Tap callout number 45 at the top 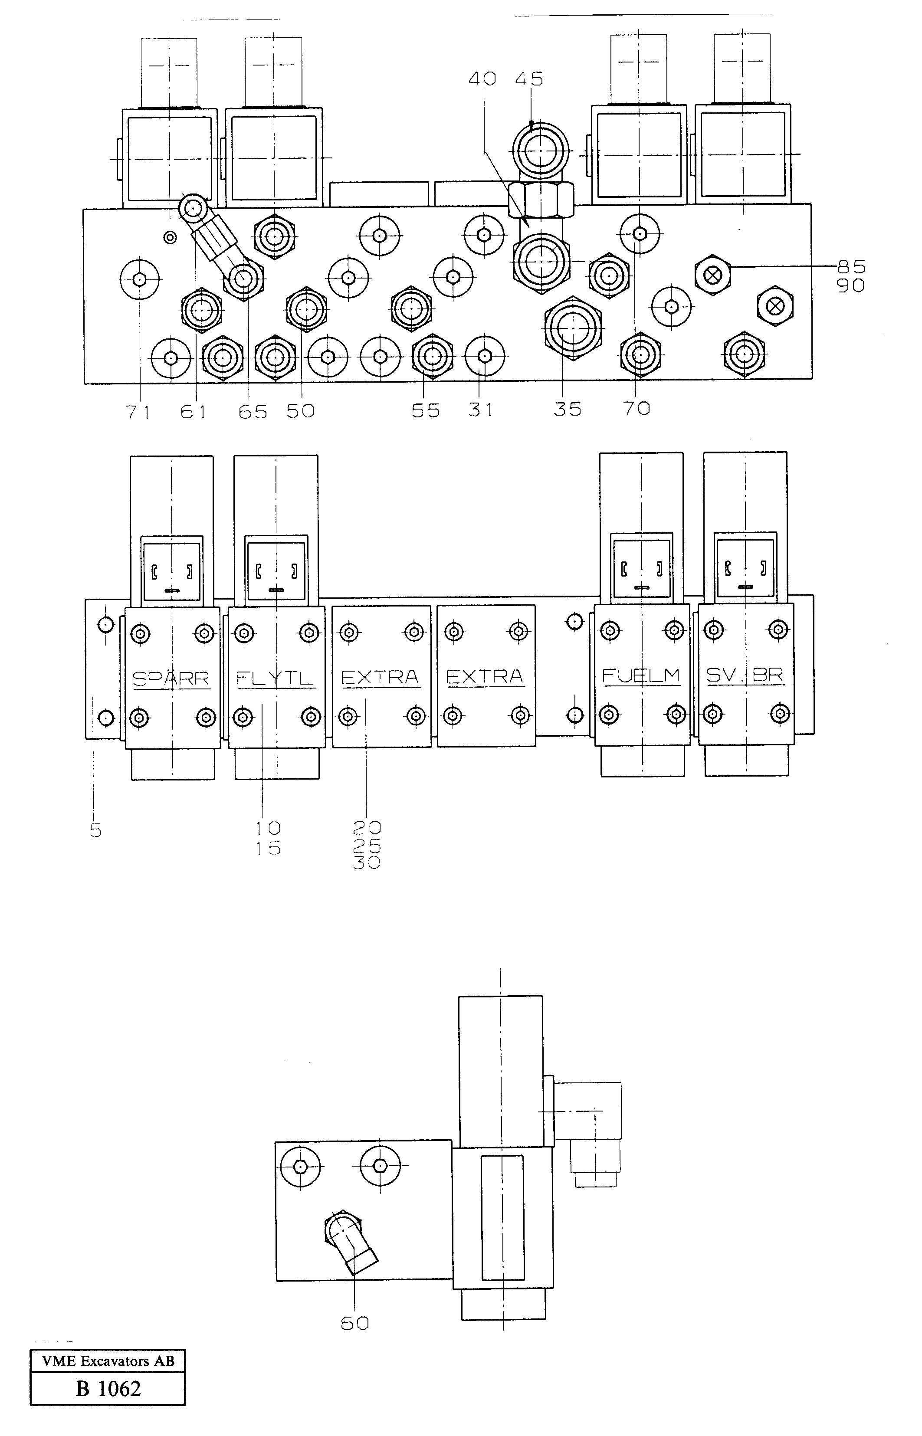[529, 79]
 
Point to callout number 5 [96, 830]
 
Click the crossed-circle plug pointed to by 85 [712, 276]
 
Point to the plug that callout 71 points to [140, 279]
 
